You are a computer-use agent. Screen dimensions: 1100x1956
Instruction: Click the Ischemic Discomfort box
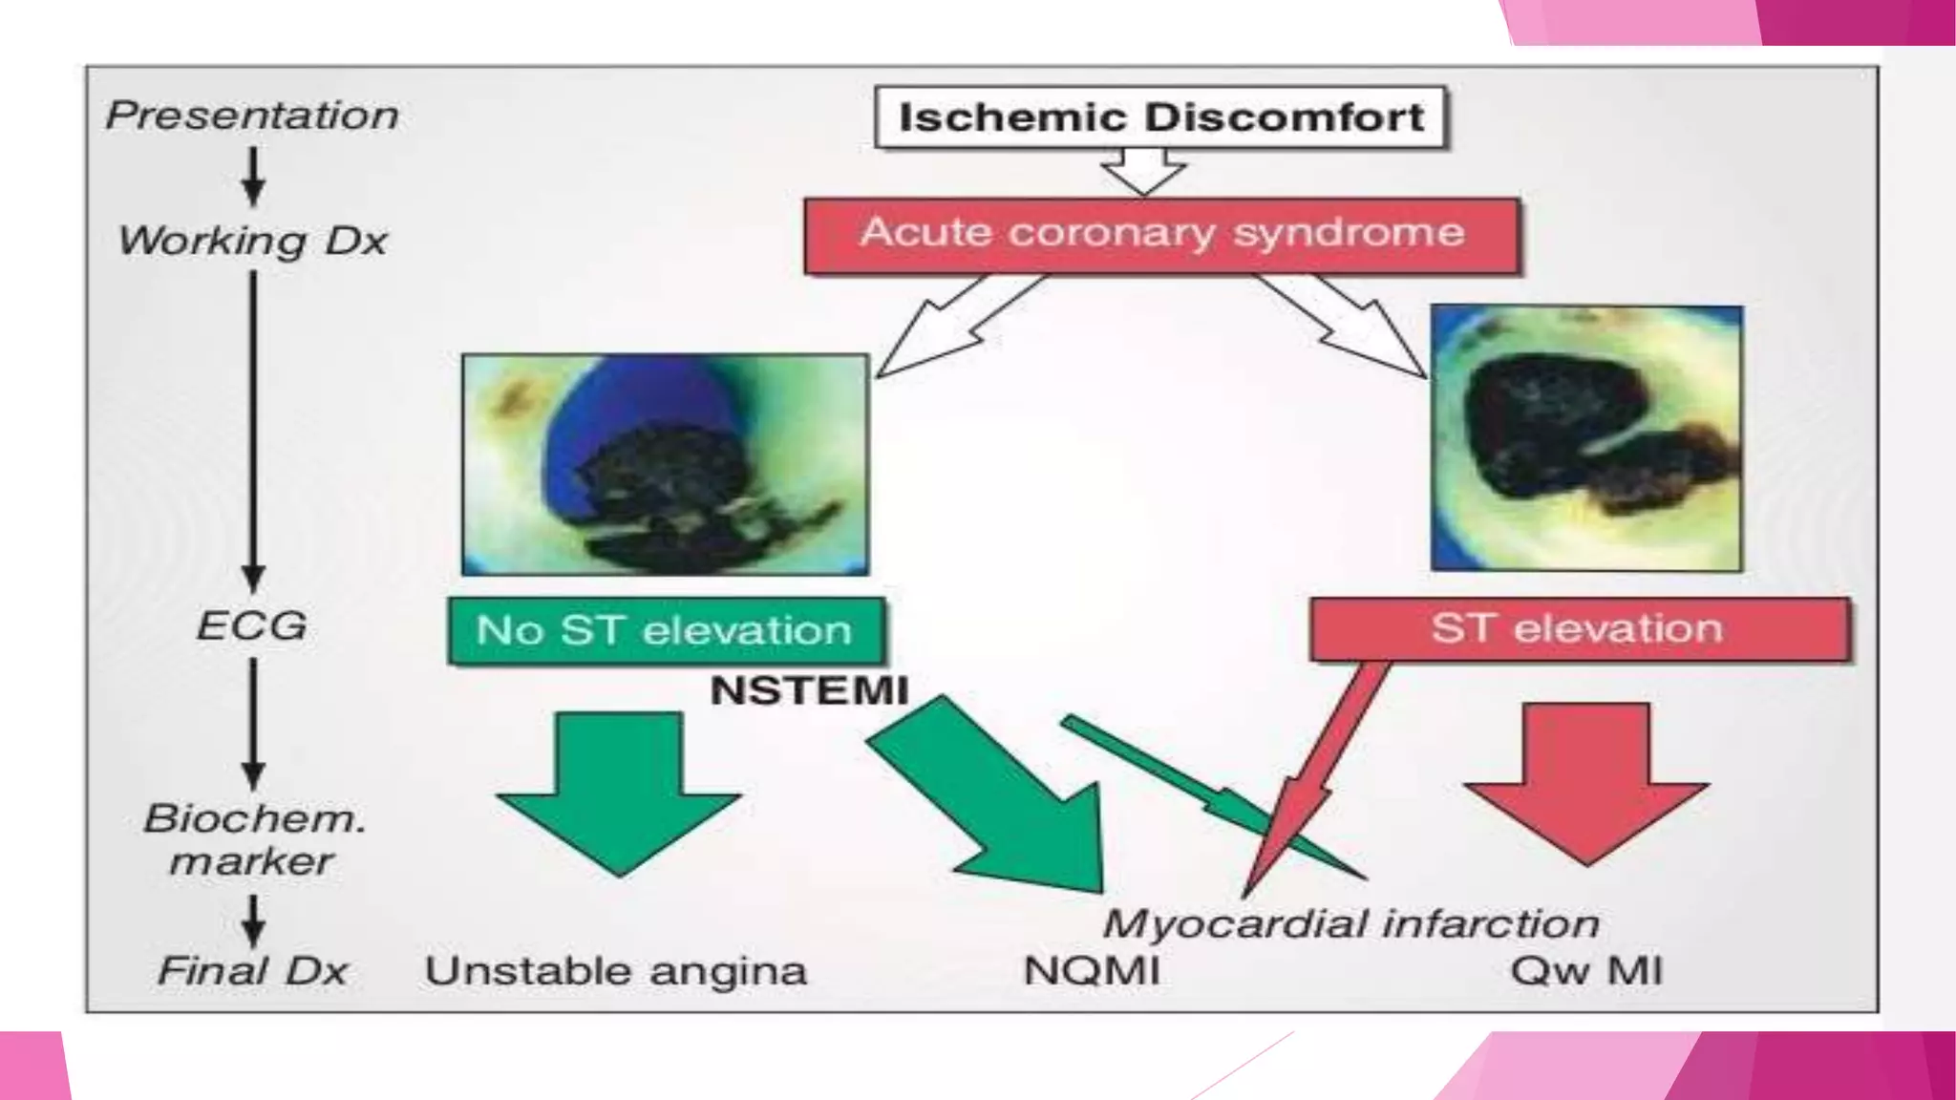click(x=1160, y=117)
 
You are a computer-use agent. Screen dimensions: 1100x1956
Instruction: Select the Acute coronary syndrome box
click(x=1161, y=235)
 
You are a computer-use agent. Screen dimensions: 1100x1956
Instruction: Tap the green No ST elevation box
click(x=665, y=630)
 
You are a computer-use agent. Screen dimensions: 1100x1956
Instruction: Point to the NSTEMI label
click(x=809, y=690)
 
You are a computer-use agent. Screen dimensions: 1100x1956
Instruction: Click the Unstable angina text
click(x=616, y=971)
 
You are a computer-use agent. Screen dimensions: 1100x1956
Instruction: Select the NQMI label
click(x=1092, y=971)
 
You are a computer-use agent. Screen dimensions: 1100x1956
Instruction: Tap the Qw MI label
click(x=1586, y=971)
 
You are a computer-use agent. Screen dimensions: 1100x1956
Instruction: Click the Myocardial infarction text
click(x=1350, y=923)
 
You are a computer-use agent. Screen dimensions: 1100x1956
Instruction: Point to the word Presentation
click(x=252, y=116)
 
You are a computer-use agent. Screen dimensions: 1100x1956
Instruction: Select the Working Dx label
click(x=252, y=241)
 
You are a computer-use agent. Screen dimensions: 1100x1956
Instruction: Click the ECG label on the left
click(x=252, y=626)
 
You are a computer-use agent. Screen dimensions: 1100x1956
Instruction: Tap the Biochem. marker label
click(x=253, y=839)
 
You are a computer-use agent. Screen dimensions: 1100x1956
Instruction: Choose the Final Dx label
click(x=252, y=971)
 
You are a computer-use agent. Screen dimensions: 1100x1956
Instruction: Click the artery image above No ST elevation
click(x=665, y=465)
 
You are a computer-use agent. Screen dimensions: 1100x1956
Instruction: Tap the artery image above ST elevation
click(x=1586, y=438)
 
